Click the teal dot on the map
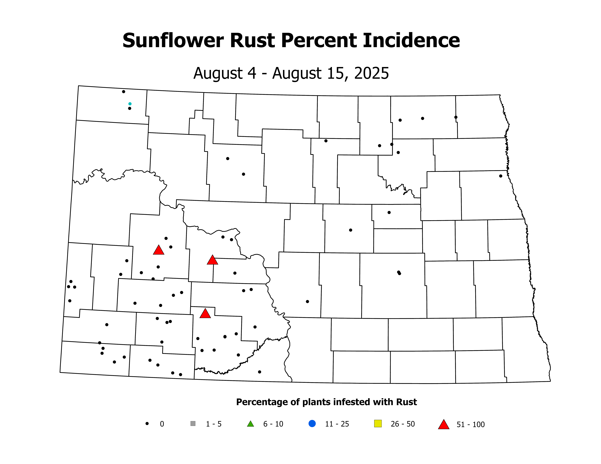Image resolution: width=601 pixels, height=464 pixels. (130, 104)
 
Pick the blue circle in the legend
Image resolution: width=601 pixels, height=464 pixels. (312, 424)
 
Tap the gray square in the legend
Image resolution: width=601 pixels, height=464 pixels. (193, 424)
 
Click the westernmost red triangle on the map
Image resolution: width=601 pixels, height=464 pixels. (159, 250)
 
